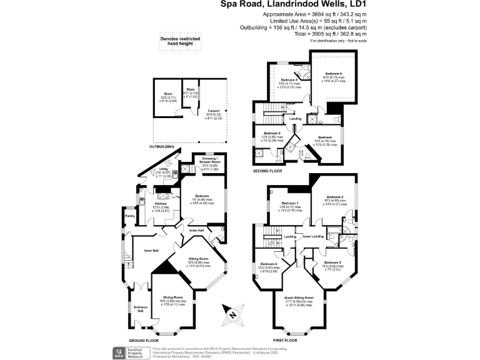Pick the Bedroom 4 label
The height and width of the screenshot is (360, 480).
[x=268, y=264]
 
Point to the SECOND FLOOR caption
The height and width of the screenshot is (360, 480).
[x=267, y=170]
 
